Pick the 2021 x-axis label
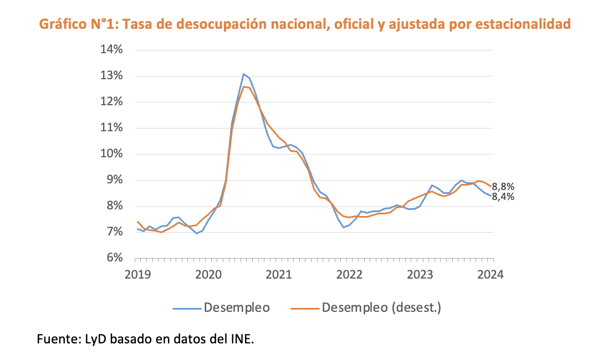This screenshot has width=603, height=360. point(279,274)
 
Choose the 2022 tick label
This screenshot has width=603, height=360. point(350,274)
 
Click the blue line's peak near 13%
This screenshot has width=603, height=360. point(243,74)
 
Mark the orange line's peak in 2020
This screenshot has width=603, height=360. point(244,86)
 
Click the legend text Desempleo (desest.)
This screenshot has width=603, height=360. point(381,307)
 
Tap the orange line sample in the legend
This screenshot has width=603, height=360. point(304,307)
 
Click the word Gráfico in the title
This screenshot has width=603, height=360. point(59,24)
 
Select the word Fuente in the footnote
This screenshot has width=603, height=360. point(55,338)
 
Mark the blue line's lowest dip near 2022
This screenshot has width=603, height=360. point(344,227)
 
